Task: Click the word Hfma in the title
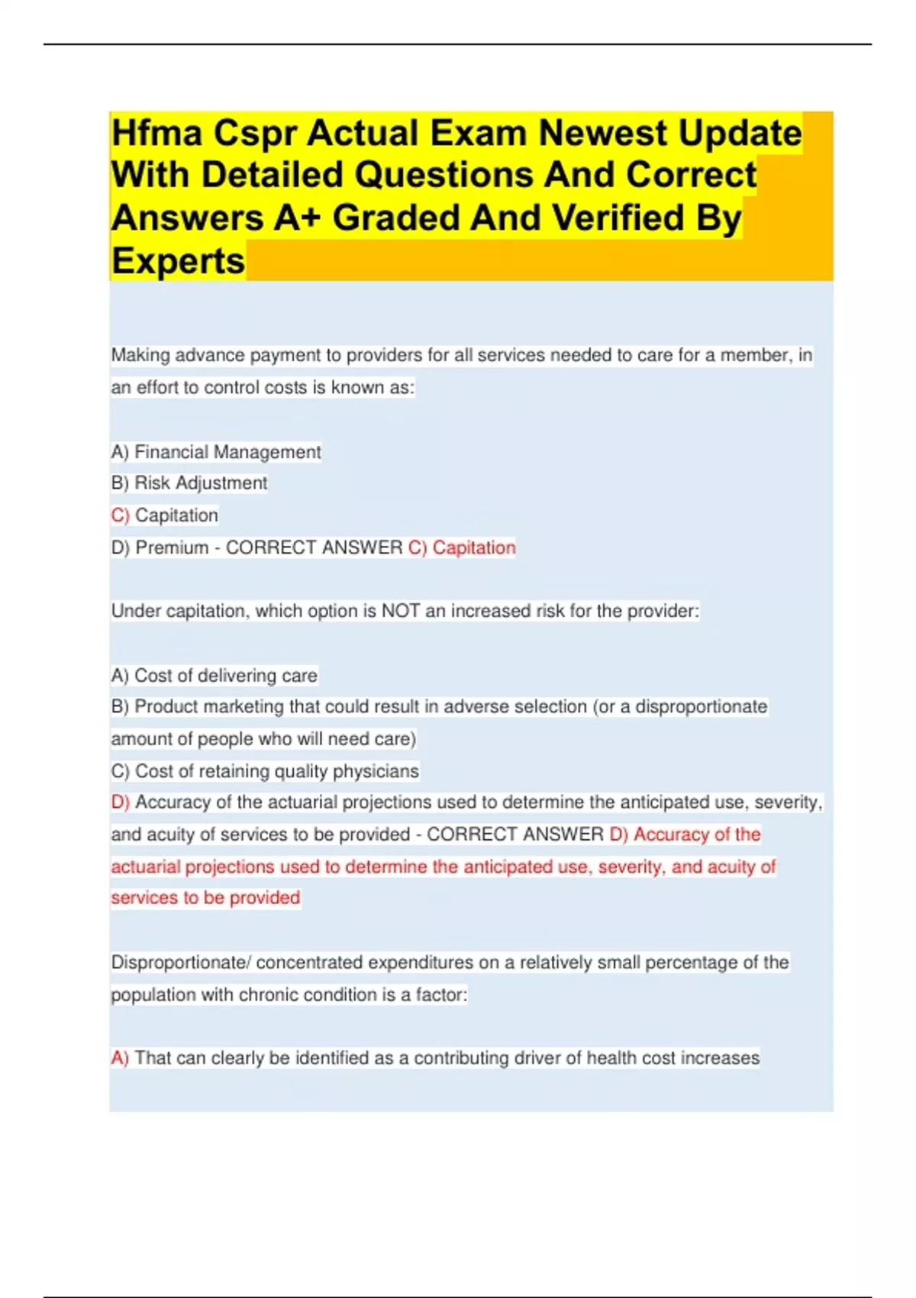[x=156, y=134]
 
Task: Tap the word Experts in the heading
[x=178, y=261]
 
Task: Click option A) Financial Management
[x=216, y=452]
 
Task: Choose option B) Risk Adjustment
[x=189, y=483]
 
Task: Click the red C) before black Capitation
[x=120, y=515]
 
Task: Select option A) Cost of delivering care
[x=214, y=676]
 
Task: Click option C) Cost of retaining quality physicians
[x=265, y=771]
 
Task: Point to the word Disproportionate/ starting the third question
[x=180, y=963]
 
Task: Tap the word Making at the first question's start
[x=140, y=355]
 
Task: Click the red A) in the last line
[x=120, y=1058]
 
